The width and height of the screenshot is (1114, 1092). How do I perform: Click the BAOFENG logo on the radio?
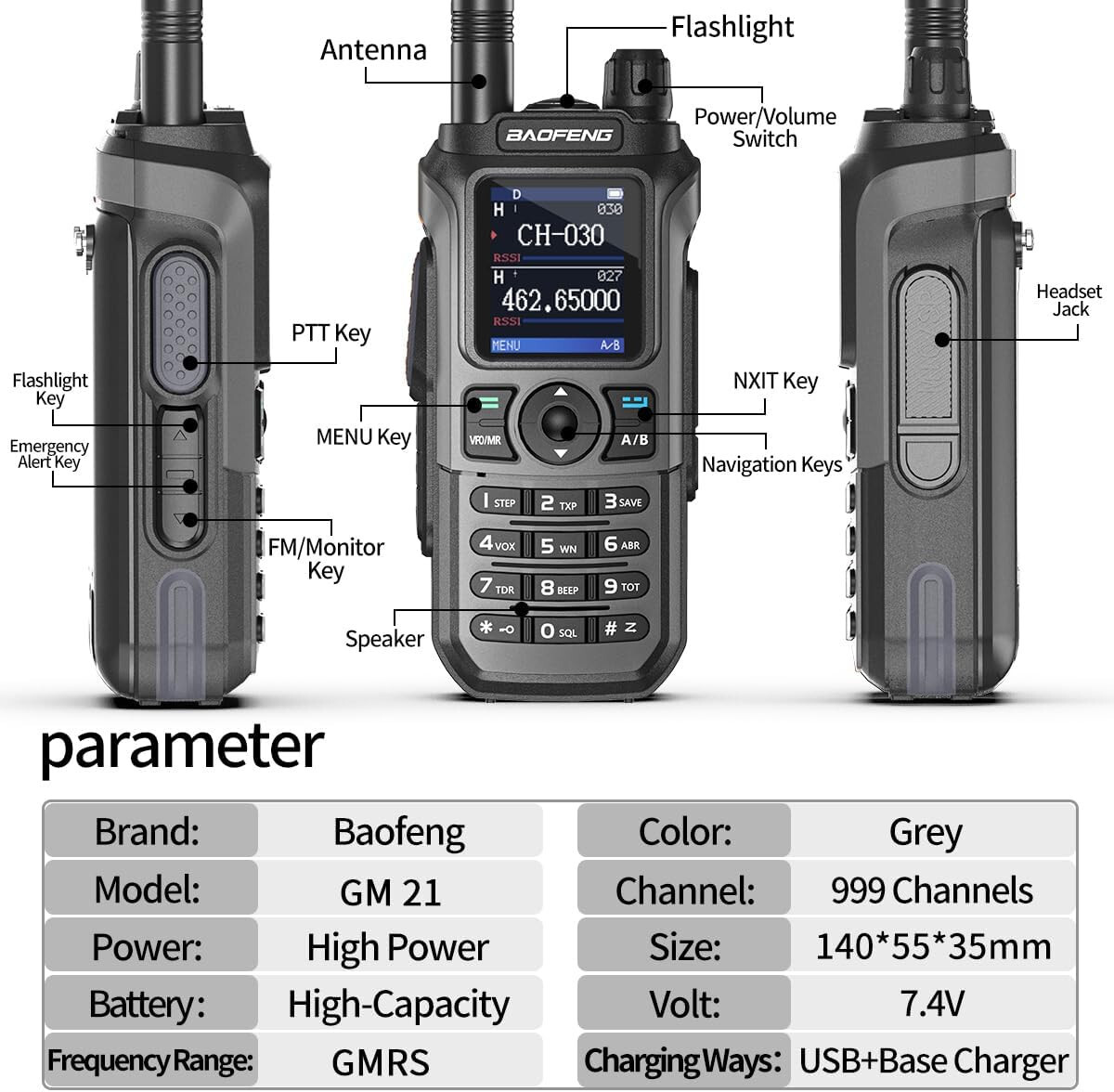pos(559,136)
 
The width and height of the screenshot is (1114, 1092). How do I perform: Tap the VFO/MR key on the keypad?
pos(486,429)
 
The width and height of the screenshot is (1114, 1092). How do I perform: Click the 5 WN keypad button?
pos(559,546)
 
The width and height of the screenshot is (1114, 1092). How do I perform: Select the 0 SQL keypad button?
pos(559,631)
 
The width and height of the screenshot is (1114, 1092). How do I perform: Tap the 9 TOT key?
pos(622,587)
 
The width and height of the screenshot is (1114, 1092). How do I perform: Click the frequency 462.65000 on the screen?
pos(560,300)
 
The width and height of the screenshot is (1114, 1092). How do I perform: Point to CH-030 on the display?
pos(560,235)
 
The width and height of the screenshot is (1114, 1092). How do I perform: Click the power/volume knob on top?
pos(636,74)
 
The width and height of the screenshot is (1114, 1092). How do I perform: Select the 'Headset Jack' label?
pos(1069,300)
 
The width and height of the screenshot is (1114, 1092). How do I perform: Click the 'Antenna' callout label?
pos(373,50)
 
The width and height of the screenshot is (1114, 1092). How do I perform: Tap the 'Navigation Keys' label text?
pos(771,464)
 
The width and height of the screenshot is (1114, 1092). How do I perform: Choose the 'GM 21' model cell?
pos(391,891)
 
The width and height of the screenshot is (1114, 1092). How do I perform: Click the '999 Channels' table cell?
pos(931,890)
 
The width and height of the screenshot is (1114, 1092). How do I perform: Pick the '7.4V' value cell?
pos(931,1004)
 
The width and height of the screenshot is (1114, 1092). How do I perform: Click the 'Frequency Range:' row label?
pos(150,1060)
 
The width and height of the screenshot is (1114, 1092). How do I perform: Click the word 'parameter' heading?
pos(182,746)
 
